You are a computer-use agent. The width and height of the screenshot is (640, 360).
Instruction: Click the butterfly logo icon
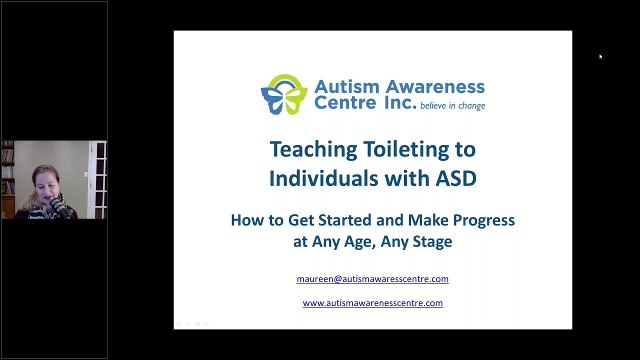(x=284, y=94)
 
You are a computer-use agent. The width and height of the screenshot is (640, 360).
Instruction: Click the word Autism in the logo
(x=347, y=86)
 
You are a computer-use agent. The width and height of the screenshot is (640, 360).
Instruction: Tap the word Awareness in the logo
(x=435, y=86)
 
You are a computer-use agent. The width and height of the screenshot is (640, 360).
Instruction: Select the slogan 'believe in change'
(x=452, y=105)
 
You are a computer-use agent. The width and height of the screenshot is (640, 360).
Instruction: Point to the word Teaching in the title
(x=313, y=149)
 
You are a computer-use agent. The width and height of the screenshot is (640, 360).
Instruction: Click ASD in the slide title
(x=456, y=178)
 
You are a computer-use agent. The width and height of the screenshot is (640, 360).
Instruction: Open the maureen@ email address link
(x=372, y=279)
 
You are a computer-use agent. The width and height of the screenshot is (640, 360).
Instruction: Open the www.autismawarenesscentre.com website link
(x=372, y=303)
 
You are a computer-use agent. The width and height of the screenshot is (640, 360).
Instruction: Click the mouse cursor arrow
(x=600, y=56)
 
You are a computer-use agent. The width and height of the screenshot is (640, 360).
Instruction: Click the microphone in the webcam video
(x=60, y=207)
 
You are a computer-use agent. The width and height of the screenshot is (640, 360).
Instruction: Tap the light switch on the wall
(x=85, y=174)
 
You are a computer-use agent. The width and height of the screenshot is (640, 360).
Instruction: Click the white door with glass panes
(x=97, y=179)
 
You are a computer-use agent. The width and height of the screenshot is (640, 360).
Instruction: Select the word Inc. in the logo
(x=400, y=103)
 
